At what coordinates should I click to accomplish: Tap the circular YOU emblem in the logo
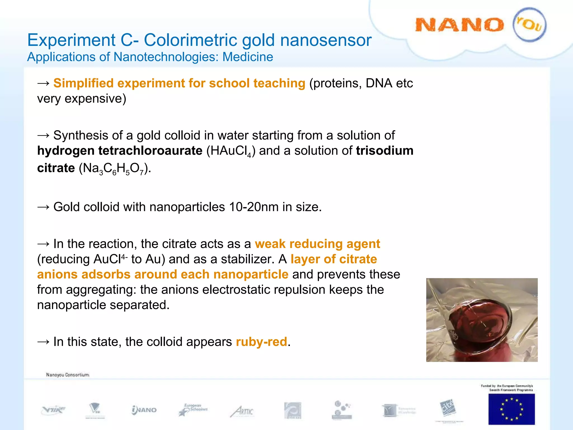(529, 25)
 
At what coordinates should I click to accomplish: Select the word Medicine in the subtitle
(248, 57)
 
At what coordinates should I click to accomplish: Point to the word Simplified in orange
(83, 83)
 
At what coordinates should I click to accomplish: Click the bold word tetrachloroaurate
(150, 151)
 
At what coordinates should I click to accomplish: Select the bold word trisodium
(385, 151)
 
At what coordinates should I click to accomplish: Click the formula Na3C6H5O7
(115, 169)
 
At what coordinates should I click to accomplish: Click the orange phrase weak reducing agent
(317, 244)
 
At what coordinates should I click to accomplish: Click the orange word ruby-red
(261, 342)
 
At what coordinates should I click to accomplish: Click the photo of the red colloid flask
(482, 320)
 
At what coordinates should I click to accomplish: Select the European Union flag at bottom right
(511, 409)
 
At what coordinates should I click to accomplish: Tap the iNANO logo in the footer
(144, 410)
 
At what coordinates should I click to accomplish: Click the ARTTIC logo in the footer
(242, 411)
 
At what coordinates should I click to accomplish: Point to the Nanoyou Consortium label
(68, 375)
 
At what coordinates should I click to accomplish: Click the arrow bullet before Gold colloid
(43, 207)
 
